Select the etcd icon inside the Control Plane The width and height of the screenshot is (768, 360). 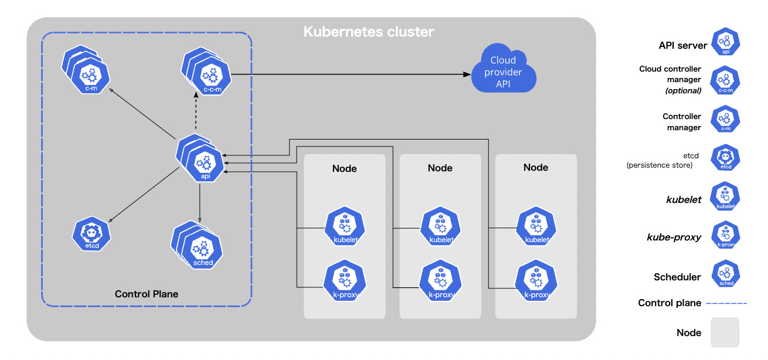[91, 234]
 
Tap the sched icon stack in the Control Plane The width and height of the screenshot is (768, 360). [197, 245]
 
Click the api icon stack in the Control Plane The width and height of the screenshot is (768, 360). [201, 158]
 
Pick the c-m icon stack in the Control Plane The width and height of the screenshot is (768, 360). [86, 70]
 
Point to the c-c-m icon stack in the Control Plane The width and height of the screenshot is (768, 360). [206, 72]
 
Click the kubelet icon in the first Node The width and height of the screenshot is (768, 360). [345, 226]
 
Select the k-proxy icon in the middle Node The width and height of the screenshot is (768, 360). [440, 280]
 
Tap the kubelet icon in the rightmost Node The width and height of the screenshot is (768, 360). [536, 226]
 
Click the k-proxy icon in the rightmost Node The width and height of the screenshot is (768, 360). [536, 280]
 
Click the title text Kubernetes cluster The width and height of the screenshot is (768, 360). [369, 32]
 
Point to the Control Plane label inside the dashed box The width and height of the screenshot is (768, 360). [147, 294]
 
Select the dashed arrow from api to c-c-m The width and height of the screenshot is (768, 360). [196, 111]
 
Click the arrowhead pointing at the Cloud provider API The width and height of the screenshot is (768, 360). [467, 74]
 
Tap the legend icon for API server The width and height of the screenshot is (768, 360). [725, 42]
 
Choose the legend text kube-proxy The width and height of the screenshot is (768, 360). [674, 237]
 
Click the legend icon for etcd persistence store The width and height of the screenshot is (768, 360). [725, 158]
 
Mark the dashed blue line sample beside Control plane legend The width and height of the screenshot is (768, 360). [726, 304]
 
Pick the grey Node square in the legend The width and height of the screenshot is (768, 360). [725, 332]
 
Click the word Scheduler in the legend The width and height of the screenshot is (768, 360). [677, 277]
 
